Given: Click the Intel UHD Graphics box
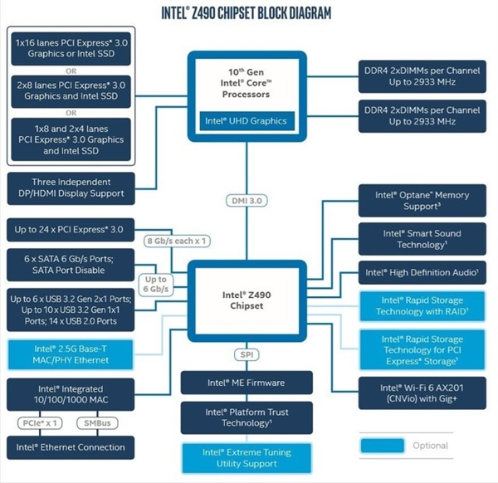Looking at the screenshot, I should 246,121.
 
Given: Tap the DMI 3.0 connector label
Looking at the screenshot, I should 246,201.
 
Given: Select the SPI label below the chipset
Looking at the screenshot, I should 246,354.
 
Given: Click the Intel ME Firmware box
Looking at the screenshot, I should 246,383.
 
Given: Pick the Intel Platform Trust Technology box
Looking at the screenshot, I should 246,417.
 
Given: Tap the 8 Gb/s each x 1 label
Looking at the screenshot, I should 176,242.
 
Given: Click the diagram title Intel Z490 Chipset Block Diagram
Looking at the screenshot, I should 246,13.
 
